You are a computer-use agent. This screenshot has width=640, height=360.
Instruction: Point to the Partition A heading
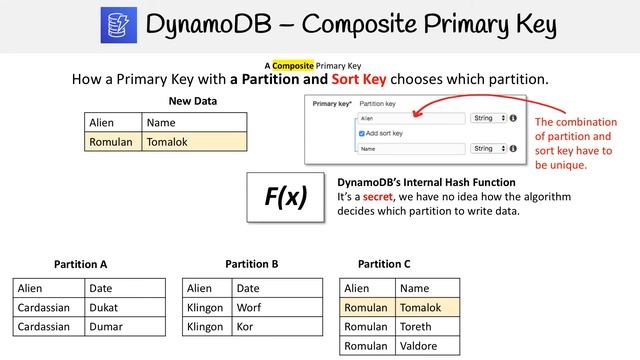[81, 264]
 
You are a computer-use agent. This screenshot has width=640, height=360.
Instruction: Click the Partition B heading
[252, 264]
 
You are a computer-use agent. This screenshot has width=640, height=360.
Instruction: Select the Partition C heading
[384, 264]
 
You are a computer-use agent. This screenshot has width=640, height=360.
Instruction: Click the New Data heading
[192, 101]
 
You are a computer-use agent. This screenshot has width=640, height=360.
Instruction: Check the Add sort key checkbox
[362, 133]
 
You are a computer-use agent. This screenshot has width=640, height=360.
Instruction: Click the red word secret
[377, 197]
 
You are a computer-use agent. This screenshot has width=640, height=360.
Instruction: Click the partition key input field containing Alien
[410, 118]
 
